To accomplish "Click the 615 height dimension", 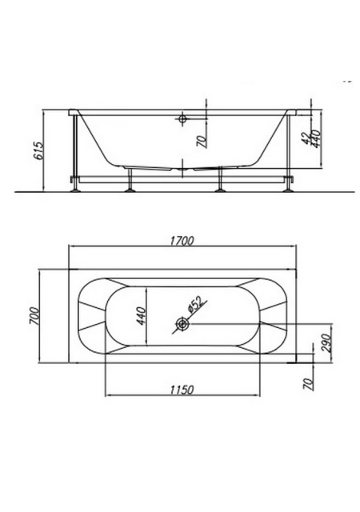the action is pyautogui.click(x=39, y=151).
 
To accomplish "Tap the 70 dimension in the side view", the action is pyautogui.click(x=202, y=142).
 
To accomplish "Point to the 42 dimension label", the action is pyautogui.click(x=306, y=138).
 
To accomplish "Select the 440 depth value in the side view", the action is pyautogui.click(x=316, y=138).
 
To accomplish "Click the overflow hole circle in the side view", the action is pyautogui.click(x=182, y=118).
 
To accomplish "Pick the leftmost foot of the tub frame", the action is pyautogui.click(x=75, y=190).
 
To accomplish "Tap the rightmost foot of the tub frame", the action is pyautogui.click(x=288, y=190).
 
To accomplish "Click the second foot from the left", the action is pyautogui.click(x=130, y=190).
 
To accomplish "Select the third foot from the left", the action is pyautogui.click(x=220, y=190).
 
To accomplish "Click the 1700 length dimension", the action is pyautogui.click(x=182, y=241).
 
